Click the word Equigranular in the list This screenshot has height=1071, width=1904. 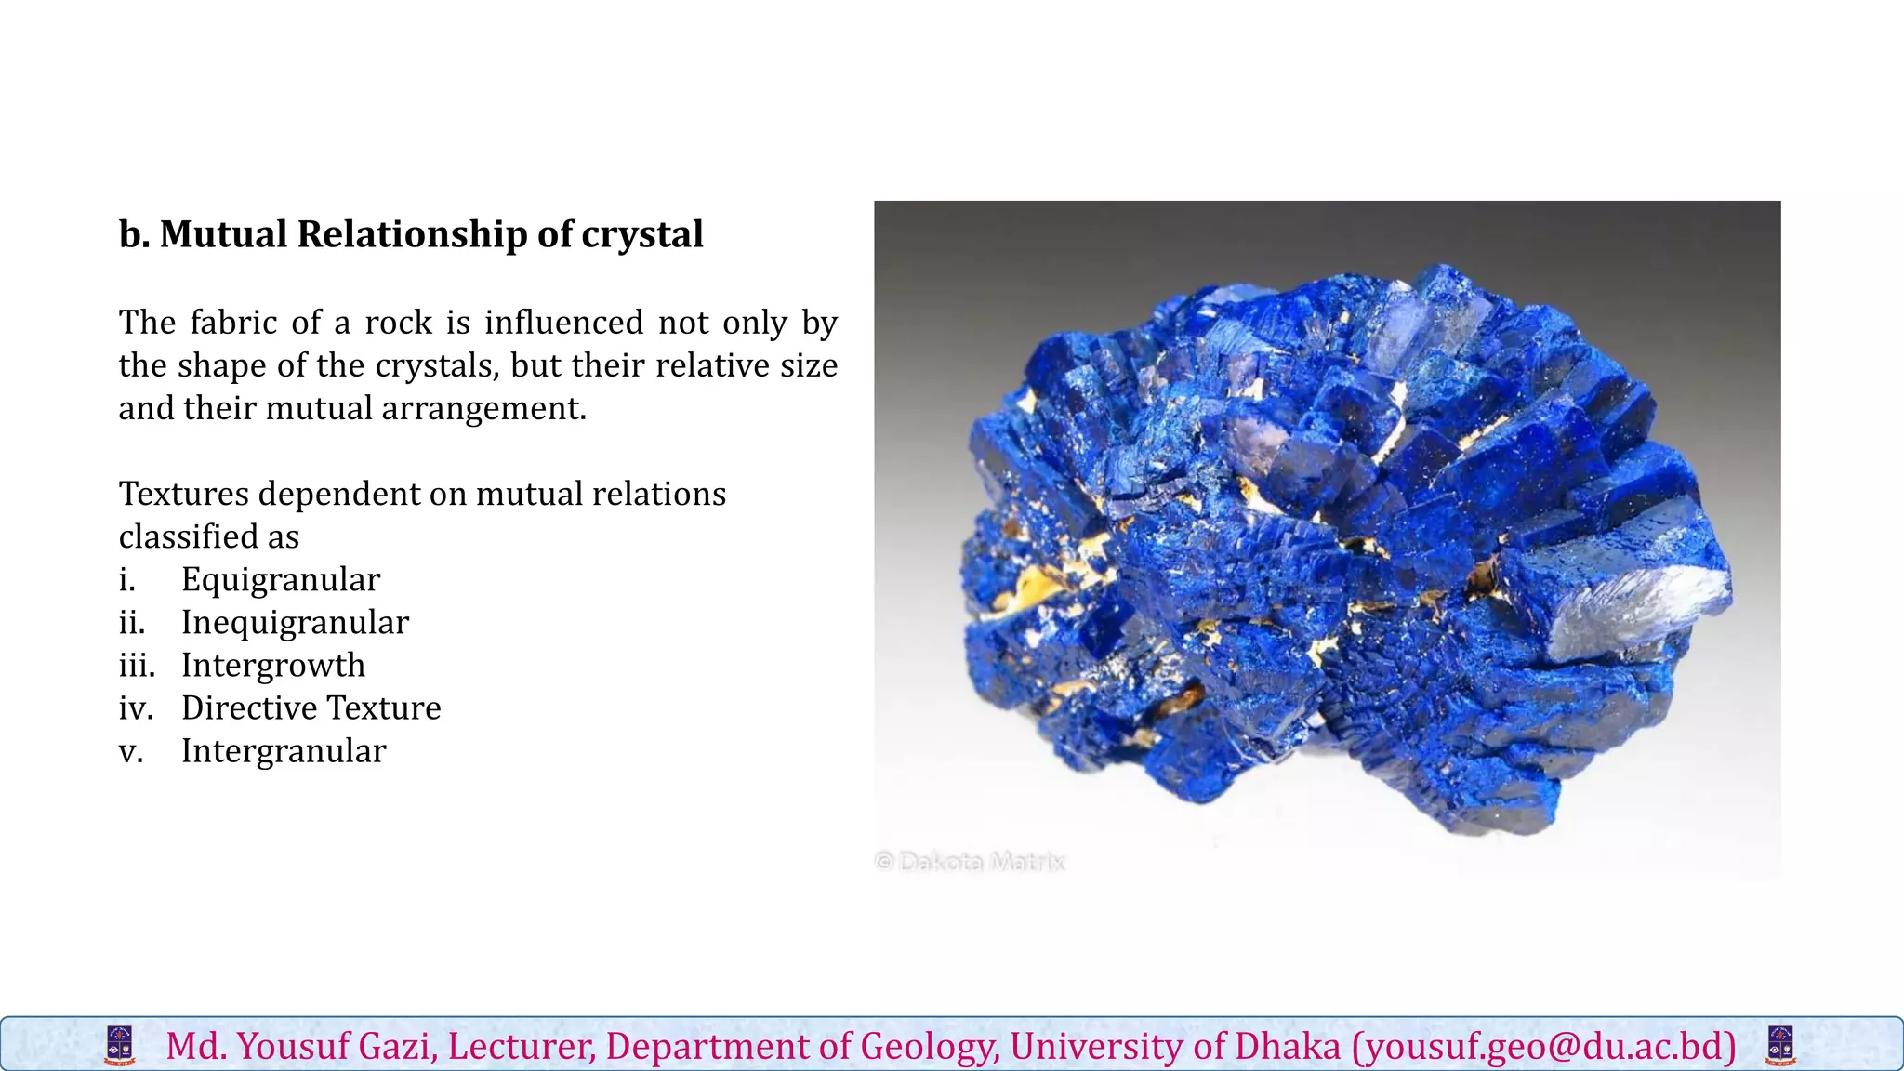(281, 580)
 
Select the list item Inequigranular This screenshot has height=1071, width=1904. (295, 623)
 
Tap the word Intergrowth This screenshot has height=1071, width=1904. (273, 666)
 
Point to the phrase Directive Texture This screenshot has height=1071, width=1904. (311, 708)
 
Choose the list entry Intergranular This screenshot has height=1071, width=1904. (284, 751)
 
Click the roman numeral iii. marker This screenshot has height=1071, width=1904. (137, 666)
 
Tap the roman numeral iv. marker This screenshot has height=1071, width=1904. (136, 708)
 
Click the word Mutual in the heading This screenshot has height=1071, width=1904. (223, 234)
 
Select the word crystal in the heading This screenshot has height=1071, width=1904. (642, 234)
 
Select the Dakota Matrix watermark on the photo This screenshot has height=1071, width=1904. (971, 862)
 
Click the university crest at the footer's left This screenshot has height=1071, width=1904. (120, 1046)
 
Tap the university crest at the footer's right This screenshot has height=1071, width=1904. (1780, 1046)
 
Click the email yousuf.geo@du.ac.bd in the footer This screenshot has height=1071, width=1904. (1544, 1047)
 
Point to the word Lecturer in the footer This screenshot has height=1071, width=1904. (521, 1047)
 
